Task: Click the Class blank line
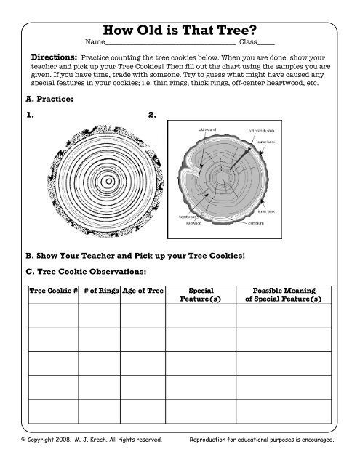click(x=266, y=44)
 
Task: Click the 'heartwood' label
click(x=191, y=216)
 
